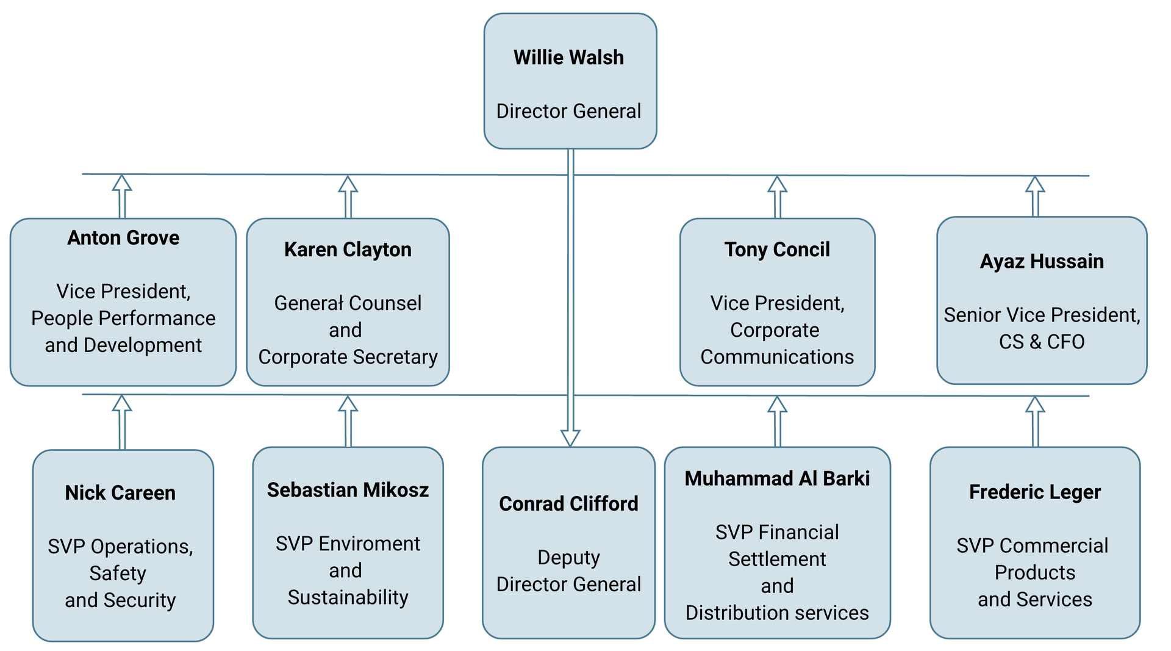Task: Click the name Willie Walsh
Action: pyautogui.click(x=568, y=57)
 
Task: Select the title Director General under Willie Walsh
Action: pyautogui.click(x=568, y=111)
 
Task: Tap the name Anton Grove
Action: pyautogui.click(x=123, y=237)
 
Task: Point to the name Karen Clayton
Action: pyautogui.click(x=348, y=250)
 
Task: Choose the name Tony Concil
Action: pyautogui.click(x=777, y=250)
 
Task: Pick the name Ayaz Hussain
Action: pyautogui.click(x=1042, y=261)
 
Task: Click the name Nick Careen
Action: pyautogui.click(x=120, y=492)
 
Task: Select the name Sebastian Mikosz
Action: pyautogui.click(x=348, y=490)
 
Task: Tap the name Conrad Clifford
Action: pyautogui.click(x=568, y=503)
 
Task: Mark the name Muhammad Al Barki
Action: pyautogui.click(x=777, y=478)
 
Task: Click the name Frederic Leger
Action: pyautogui.click(x=1035, y=492)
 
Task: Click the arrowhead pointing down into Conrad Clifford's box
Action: pyautogui.click(x=570, y=437)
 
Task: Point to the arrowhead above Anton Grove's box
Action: pyautogui.click(x=122, y=184)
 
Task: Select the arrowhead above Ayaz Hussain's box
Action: pyautogui.click(x=1035, y=185)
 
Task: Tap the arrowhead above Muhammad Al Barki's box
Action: pyautogui.click(x=777, y=405)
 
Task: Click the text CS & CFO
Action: pyautogui.click(x=1042, y=342)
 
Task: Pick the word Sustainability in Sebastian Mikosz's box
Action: pyautogui.click(x=348, y=597)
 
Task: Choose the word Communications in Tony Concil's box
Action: pyautogui.click(x=777, y=357)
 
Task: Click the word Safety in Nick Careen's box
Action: pyautogui.click(x=118, y=574)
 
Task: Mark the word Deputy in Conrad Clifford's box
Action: pyautogui.click(x=568, y=557)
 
